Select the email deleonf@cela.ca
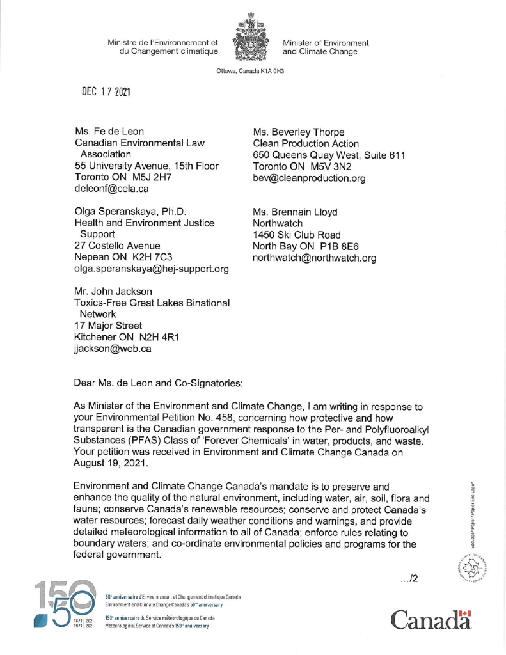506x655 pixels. click(x=112, y=189)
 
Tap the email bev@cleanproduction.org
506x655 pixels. click(x=309, y=178)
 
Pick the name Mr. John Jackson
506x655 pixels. click(x=113, y=291)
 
